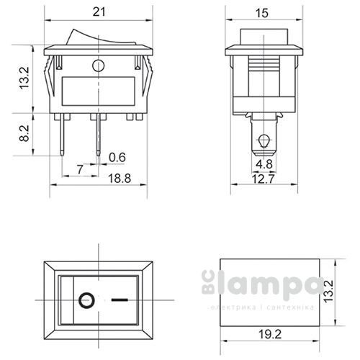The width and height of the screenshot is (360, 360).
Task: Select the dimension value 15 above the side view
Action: tap(261, 12)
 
